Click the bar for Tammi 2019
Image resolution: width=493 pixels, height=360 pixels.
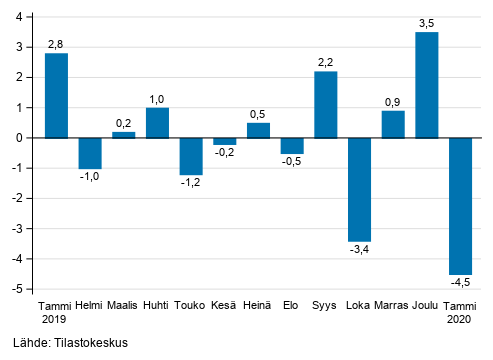[56, 95]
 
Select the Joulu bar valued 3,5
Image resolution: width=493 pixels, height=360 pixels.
[427, 85]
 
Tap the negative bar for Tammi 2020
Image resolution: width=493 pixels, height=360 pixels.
[461, 206]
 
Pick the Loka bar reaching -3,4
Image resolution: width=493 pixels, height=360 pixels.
[359, 189]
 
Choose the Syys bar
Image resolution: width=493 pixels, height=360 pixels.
[326, 104]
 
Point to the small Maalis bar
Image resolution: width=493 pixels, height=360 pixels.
[123, 135]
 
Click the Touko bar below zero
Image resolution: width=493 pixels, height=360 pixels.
[191, 156]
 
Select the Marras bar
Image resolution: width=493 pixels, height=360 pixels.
[393, 124]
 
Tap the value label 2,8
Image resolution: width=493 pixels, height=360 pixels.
[56, 44]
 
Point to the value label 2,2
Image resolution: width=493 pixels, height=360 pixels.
[326, 62]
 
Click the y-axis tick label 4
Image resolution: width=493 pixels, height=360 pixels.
[21, 17]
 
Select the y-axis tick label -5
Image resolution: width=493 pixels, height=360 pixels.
[19, 289]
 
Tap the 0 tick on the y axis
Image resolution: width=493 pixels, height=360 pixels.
[21, 138]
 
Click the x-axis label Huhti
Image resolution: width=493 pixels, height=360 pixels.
[157, 306]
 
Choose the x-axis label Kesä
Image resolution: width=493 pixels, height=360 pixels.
[224, 306]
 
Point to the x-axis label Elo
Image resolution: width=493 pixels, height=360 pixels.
[292, 306]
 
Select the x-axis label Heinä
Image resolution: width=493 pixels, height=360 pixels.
[258, 306]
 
